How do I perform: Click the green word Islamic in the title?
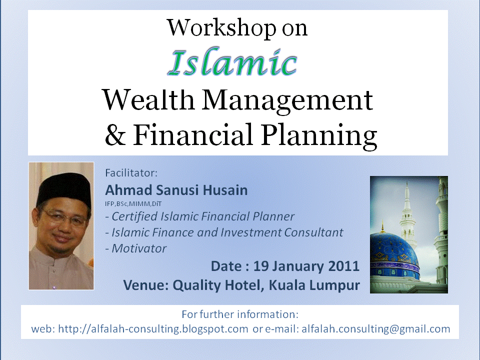click(232, 62)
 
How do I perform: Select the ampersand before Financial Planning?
click(115, 134)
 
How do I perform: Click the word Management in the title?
click(287, 100)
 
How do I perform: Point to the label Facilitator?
click(131, 173)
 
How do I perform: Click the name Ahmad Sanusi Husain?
click(176, 190)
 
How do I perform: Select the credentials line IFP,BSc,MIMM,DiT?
click(133, 204)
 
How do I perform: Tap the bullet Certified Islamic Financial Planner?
click(200, 216)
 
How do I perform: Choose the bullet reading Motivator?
click(136, 248)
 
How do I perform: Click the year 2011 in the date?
click(344, 266)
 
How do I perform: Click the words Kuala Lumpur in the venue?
click(314, 285)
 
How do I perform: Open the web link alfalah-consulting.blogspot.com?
click(153, 329)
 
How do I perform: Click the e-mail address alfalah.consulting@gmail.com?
click(376, 329)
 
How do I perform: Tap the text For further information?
click(240, 314)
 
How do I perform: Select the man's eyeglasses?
click(65, 217)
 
